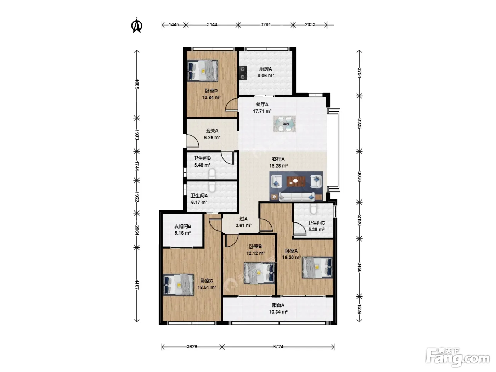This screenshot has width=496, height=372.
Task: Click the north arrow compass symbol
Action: point(136,25)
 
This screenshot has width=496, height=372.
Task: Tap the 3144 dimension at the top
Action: point(212,24)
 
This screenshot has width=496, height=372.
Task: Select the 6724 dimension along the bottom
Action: point(278,346)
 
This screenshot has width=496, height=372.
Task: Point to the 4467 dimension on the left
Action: point(137,284)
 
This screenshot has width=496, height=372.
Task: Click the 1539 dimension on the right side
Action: point(359,309)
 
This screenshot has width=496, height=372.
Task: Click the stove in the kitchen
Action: point(243,73)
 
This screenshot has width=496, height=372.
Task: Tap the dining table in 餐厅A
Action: point(284,124)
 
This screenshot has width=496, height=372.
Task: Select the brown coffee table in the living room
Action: point(296,182)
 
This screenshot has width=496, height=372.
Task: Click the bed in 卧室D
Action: point(203,70)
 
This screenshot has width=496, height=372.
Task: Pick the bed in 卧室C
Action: point(179,285)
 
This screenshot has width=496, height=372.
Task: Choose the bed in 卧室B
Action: point(259,273)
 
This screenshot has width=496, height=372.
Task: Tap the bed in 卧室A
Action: point(317,267)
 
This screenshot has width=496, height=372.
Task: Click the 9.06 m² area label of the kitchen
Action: point(266,75)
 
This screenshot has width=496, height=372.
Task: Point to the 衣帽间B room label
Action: point(182,226)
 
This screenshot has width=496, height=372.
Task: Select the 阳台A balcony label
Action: point(278,305)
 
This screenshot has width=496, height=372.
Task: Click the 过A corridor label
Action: point(243,219)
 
